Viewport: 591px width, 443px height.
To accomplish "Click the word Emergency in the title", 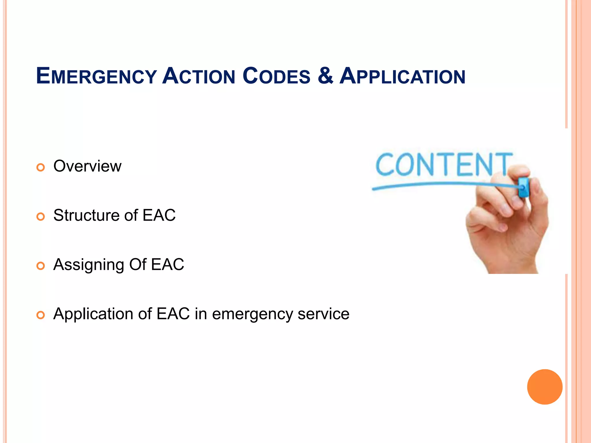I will [x=96, y=76].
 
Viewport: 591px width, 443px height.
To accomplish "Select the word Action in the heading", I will [x=199, y=76].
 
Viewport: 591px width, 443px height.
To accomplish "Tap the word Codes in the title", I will [x=276, y=76].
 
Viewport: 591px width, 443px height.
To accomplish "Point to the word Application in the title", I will [x=402, y=76].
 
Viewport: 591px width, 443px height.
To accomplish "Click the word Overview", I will [x=87, y=166].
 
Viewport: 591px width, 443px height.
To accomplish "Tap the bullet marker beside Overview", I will [x=41, y=167].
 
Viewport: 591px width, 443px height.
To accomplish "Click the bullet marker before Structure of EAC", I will [x=41, y=217].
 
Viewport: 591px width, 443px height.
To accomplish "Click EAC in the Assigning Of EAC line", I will [x=167, y=264].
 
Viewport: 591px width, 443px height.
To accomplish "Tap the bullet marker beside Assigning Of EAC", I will [x=41, y=266].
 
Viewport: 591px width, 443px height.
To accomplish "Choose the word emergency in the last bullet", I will [x=253, y=314].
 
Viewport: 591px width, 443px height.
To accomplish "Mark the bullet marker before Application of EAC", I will [x=41, y=315].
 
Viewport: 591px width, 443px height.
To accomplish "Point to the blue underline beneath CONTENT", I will [x=433, y=185].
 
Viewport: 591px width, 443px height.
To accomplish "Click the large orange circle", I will [x=545, y=387].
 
